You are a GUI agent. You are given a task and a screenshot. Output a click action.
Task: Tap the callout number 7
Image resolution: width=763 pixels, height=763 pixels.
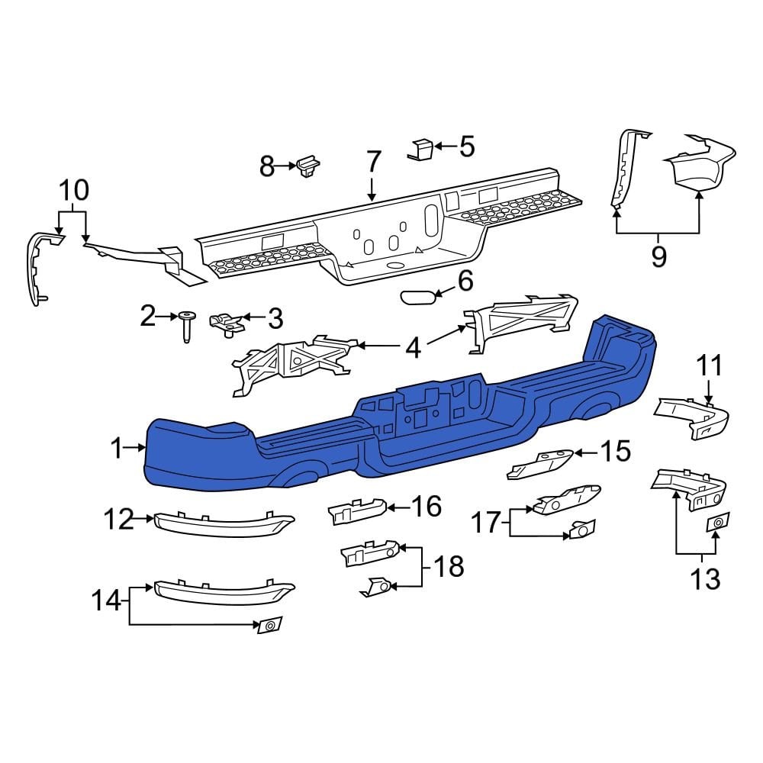pyautogui.click(x=372, y=163)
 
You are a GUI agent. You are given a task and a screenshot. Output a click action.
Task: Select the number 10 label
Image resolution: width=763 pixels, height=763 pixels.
pyautogui.click(x=73, y=189)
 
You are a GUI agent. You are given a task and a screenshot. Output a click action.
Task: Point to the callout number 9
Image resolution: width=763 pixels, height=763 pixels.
pyautogui.click(x=658, y=256)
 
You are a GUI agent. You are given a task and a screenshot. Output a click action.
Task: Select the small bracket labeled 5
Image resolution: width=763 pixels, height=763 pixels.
pyautogui.click(x=421, y=149)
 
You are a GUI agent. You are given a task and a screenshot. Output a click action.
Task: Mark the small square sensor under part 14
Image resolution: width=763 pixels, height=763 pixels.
pyautogui.click(x=269, y=626)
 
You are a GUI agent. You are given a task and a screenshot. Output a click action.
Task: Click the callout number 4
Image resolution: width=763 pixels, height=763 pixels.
pyautogui.click(x=413, y=348)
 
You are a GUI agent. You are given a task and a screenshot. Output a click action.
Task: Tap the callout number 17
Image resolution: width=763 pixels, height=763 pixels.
pyautogui.click(x=485, y=523)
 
